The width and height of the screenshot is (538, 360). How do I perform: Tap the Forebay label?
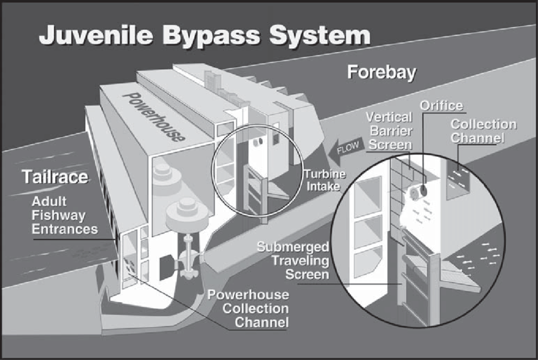pyautogui.click(x=381, y=73)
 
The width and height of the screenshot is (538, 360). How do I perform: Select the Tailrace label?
pyautogui.click(x=55, y=177)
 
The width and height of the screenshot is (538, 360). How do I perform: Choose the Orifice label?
pyautogui.click(x=441, y=106)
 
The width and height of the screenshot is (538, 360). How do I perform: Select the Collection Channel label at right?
pyautogui.click(x=484, y=131)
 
